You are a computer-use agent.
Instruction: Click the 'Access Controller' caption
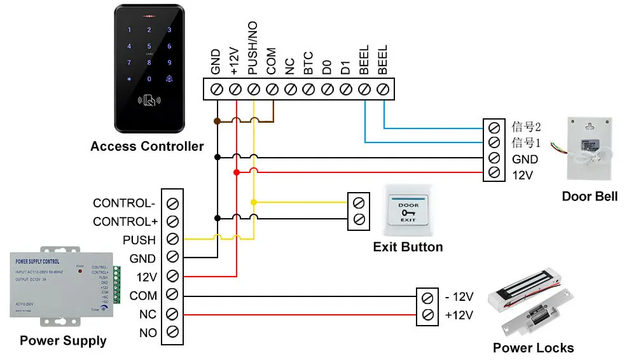pyautogui.click(x=147, y=146)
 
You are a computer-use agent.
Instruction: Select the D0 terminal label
pyautogui.click(x=328, y=67)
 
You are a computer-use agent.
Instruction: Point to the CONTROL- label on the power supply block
pyautogui.click(x=124, y=204)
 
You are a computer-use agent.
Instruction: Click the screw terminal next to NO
pyautogui.click(x=172, y=332)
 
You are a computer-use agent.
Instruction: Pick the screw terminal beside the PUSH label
pyautogui.click(x=172, y=240)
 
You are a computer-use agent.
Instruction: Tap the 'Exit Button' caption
pyautogui.click(x=408, y=247)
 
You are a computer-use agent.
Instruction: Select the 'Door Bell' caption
pyautogui.click(x=590, y=197)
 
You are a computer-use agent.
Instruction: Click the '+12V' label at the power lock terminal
pyautogui.click(x=459, y=314)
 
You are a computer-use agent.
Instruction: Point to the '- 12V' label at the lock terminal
pyautogui.click(x=459, y=297)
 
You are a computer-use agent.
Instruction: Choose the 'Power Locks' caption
pyautogui.click(x=533, y=348)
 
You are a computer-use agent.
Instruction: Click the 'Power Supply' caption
pyautogui.click(x=63, y=341)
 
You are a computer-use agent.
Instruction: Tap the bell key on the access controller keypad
pyautogui.click(x=169, y=79)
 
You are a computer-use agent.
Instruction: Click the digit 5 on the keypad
pyautogui.click(x=149, y=46)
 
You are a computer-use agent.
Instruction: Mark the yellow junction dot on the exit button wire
pyautogui.click(x=254, y=202)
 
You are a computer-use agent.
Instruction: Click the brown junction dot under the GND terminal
pyautogui.click(x=217, y=120)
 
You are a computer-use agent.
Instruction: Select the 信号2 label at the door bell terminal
pyautogui.click(x=526, y=126)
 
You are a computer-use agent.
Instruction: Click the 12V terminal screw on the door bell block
pyautogui.click(x=494, y=174)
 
